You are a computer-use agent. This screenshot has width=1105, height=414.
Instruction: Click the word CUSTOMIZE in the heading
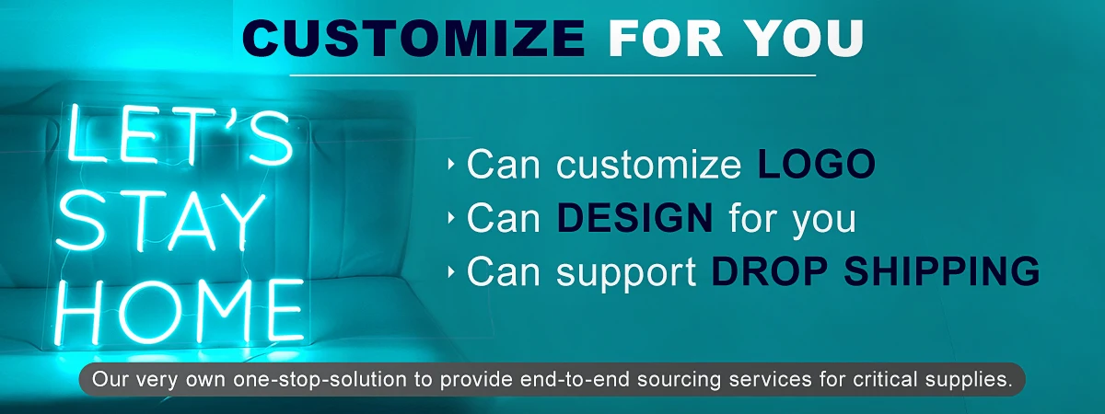pos(413,39)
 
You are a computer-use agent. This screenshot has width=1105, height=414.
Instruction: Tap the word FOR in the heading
pos(666,39)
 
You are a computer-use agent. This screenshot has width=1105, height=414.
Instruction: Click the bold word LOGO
pos(817,164)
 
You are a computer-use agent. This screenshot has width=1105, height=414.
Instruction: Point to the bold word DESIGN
pos(634,217)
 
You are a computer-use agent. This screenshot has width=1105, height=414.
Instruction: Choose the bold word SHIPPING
pos(942,271)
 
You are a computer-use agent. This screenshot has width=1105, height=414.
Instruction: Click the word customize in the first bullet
pos(648,165)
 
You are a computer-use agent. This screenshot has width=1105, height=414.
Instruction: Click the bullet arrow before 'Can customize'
pos(451,164)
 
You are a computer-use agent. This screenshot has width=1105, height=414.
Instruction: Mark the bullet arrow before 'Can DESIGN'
pos(451,217)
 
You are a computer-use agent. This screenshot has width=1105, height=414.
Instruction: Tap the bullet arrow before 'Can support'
pos(451,271)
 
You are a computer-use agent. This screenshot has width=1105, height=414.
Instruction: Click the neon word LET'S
pos(180,134)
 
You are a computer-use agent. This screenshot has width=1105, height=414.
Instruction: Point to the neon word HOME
pos(179,311)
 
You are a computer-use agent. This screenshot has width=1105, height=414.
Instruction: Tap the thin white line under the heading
pos(552,75)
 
